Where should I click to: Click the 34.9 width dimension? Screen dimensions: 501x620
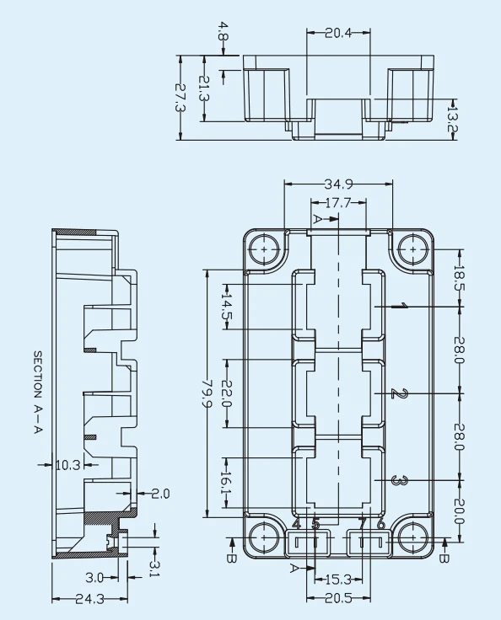[x=338, y=184]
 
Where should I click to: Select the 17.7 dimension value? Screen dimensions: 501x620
[x=338, y=203]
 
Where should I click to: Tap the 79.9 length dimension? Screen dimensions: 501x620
[x=207, y=394]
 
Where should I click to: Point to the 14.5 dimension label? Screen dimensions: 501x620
[x=227, y=307]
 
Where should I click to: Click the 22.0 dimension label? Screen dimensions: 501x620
[x=227, y=393]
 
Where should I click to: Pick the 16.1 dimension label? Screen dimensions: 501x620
[x=227, y=483]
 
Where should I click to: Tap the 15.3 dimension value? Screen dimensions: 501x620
[x=338, y=580]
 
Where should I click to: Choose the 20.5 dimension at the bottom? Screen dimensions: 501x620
[x=338, y=598]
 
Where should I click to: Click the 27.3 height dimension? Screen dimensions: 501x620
[x=180, y=98]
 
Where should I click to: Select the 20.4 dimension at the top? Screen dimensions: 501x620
[x=338, y=33]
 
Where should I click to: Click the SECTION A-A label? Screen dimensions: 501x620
[x=37, y=393]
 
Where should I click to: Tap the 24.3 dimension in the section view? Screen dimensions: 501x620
[x=90, y=600]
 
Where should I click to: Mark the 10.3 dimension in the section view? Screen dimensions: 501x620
[x=68, y=465]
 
